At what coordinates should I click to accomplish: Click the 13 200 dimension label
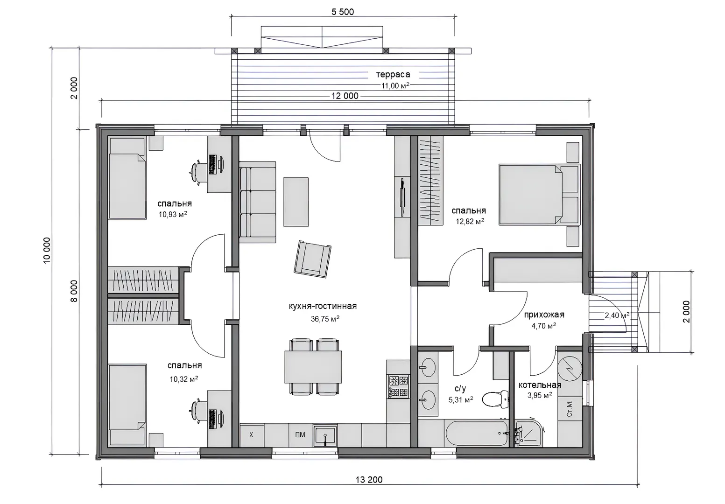coord(369,479)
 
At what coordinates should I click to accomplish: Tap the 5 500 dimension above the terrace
coord(343,12)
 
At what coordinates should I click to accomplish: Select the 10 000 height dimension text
coord(47,251)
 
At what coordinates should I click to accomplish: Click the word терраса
coord(393,74)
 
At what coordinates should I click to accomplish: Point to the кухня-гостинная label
coord(323,306)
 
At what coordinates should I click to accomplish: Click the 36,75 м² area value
coord(325,319)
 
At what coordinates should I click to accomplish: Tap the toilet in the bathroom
coord(495,399)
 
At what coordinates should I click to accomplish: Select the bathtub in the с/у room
coord(477,433)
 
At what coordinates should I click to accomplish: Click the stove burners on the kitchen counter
coord(399,386)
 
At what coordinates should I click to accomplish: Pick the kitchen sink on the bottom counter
coord(325,435)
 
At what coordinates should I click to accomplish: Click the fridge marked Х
coord(252,435)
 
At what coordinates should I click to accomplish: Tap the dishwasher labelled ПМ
coord(301,435)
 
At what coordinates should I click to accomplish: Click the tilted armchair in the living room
coord(312,259)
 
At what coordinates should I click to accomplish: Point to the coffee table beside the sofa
coord(296,202)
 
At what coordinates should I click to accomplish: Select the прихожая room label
coord(544,315)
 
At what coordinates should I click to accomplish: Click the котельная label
coord(540,385)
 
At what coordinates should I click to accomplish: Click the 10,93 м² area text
coord(173,215)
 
